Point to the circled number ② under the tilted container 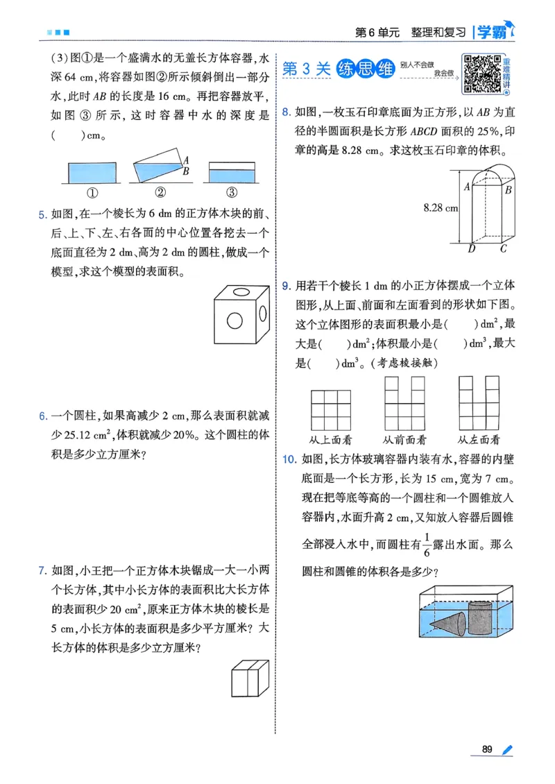[x=160, y=193]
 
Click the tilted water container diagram [x=159, y=167]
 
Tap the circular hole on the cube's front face [x=234, y=321]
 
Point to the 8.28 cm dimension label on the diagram [x=441, y=207]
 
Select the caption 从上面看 [x=332, y=439]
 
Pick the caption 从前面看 [x=404, y=439]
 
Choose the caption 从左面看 [x=479, y=439]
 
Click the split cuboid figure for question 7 [x=249, y=678]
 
